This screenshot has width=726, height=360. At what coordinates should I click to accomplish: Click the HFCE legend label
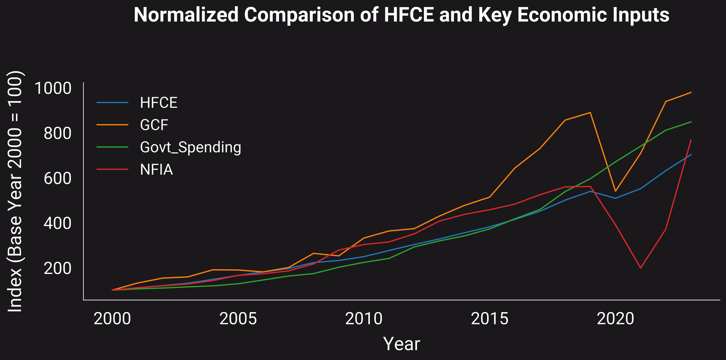pos(158,103)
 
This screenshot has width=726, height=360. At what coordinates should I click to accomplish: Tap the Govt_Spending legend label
pos(190,147)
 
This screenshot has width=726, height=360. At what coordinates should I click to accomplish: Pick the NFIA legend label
pos(156,170)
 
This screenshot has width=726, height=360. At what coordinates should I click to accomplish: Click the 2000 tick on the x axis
pos(112,319)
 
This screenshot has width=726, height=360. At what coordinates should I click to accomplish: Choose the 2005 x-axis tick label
pos(238,319)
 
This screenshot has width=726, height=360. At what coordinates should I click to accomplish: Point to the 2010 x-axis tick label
pos(364,319)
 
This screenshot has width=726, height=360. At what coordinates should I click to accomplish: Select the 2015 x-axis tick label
pos(490,319)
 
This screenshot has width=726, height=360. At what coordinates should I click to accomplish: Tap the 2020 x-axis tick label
pos(615,319)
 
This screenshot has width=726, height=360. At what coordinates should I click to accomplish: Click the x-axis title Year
pos(402,344)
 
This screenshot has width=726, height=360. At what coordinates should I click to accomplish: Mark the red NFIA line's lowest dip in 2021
pos(641,268)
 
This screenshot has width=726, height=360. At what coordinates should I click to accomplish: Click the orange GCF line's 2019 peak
pos(590,113)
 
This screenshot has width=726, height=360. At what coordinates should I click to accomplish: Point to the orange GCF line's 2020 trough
pos(615,191)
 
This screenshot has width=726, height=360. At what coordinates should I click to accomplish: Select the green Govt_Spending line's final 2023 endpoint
pos(691,122)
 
